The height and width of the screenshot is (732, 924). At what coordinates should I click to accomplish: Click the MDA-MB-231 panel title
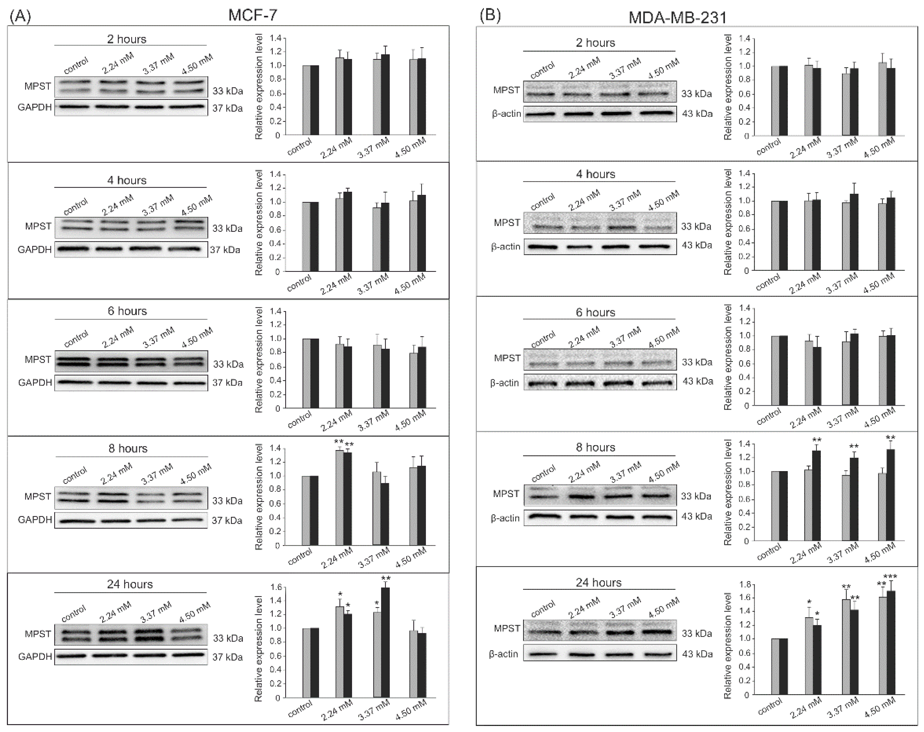tap(677, 18)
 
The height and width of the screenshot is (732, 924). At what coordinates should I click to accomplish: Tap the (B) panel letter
tap(490, 16)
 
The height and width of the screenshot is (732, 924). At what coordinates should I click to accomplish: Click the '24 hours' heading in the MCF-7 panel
tap(130, 584)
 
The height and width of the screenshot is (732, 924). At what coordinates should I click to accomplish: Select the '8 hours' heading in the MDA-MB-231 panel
tap(595, 447)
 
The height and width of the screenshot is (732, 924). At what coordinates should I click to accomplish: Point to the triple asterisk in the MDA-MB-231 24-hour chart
tap(890, 577)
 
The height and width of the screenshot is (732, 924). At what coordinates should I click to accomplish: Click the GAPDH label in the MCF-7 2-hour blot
tap(34, 107)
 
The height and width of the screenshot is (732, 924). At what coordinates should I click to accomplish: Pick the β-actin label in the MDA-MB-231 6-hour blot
tap(504, 383)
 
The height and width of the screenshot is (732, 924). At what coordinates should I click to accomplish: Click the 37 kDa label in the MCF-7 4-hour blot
tap(225, 250)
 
